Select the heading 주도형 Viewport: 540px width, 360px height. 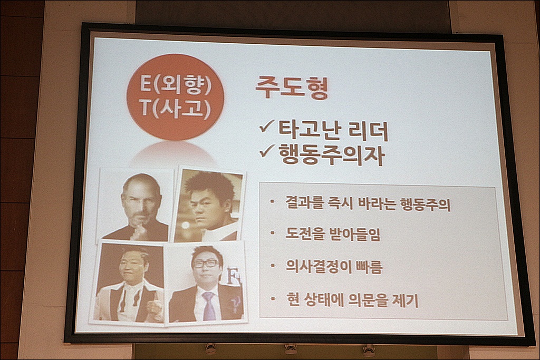click(292, 88)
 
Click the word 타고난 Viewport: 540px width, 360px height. click(310, 131)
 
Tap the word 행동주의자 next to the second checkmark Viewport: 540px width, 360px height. click(331, 154)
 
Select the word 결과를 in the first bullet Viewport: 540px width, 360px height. click(304, 203)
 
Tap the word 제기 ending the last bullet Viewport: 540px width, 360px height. click(406, 301)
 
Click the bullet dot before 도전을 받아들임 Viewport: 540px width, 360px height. click(273, 233)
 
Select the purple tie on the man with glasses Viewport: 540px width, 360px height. click(209, 306)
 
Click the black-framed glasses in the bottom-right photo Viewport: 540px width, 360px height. click(206, 264)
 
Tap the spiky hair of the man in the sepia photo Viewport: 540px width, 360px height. click(209, 184)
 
